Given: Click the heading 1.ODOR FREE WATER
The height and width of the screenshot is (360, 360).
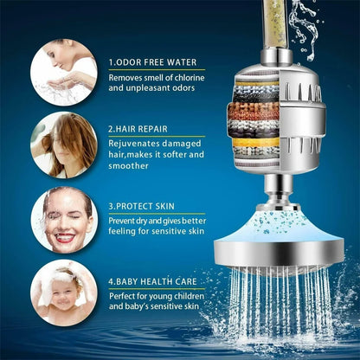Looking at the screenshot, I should [151, 62].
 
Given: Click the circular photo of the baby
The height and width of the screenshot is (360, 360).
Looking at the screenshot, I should [62, 292].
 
